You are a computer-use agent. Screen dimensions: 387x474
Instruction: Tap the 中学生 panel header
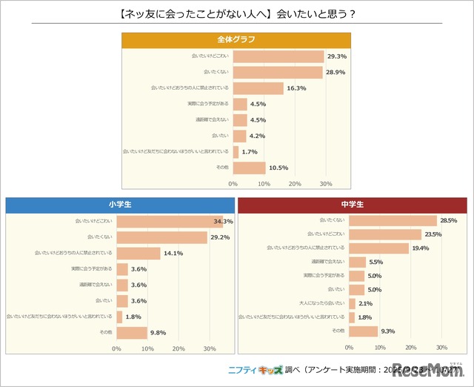pyautogui.click(x=353, y=205)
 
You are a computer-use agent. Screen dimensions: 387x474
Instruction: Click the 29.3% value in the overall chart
pyautogui.click(x=337, y=56)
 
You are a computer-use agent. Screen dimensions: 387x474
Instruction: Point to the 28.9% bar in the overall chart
pyautogui.click(x=277, y=72)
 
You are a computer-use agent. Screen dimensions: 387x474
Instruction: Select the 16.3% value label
pyautogui.click(x=297, y=88)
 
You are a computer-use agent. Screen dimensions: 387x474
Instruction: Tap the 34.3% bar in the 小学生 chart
pyautogui.click(x=170, y=222)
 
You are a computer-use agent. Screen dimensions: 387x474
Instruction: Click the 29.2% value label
pyautogui.click(x=220, y=238)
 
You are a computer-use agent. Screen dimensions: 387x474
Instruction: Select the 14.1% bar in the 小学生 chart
pyautogui.click(x=138, y=254)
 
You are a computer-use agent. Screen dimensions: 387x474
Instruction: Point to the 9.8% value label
pyautogui.click(x=159, y=333)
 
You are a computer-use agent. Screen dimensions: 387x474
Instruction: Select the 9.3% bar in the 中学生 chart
pyautogui.click(x=361, y=330)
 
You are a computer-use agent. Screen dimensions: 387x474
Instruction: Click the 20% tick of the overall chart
pyautogui.click(x=295, y=184)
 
